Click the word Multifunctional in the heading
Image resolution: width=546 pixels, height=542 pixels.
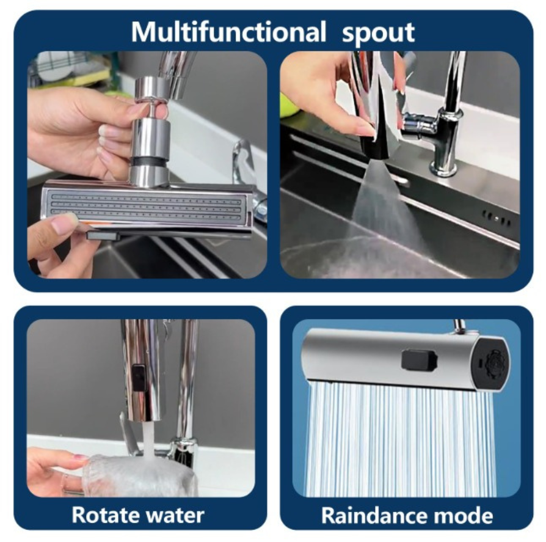(228, 32)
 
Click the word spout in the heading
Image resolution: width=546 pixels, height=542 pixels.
(379, 34)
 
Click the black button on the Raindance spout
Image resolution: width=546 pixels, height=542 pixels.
(418, 360)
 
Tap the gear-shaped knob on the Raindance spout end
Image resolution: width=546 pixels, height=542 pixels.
(493, 363)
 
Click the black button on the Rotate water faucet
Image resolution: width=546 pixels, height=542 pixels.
(139, 377)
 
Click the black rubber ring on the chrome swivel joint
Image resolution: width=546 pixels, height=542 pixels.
(148, 162)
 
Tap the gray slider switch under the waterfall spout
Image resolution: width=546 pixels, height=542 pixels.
(103, 236)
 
